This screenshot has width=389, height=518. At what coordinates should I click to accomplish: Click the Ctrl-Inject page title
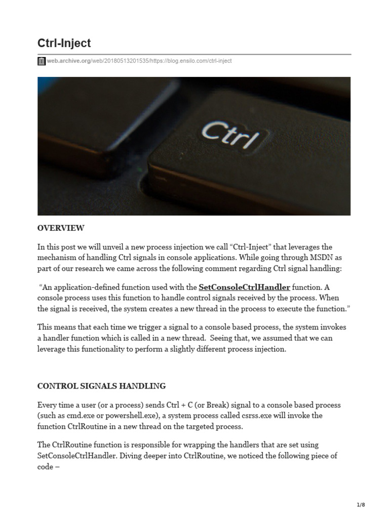point(64,42)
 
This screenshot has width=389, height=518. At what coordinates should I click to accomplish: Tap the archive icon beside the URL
point(42,61)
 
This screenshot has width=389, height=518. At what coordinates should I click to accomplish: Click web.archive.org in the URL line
point(68,61)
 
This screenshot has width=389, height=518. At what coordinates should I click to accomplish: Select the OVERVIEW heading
point(61,228)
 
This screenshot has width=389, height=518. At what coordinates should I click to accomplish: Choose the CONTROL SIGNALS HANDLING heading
point(101,386)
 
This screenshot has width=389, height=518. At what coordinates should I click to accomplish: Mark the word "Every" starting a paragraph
point(48,405)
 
